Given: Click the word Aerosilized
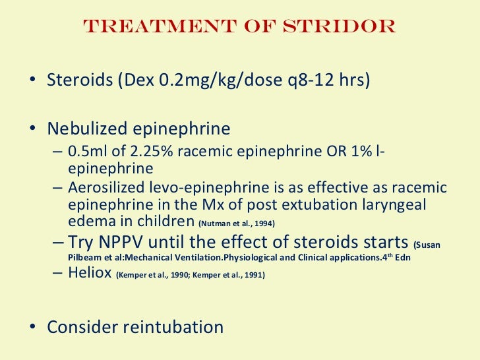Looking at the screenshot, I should point(104,188).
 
